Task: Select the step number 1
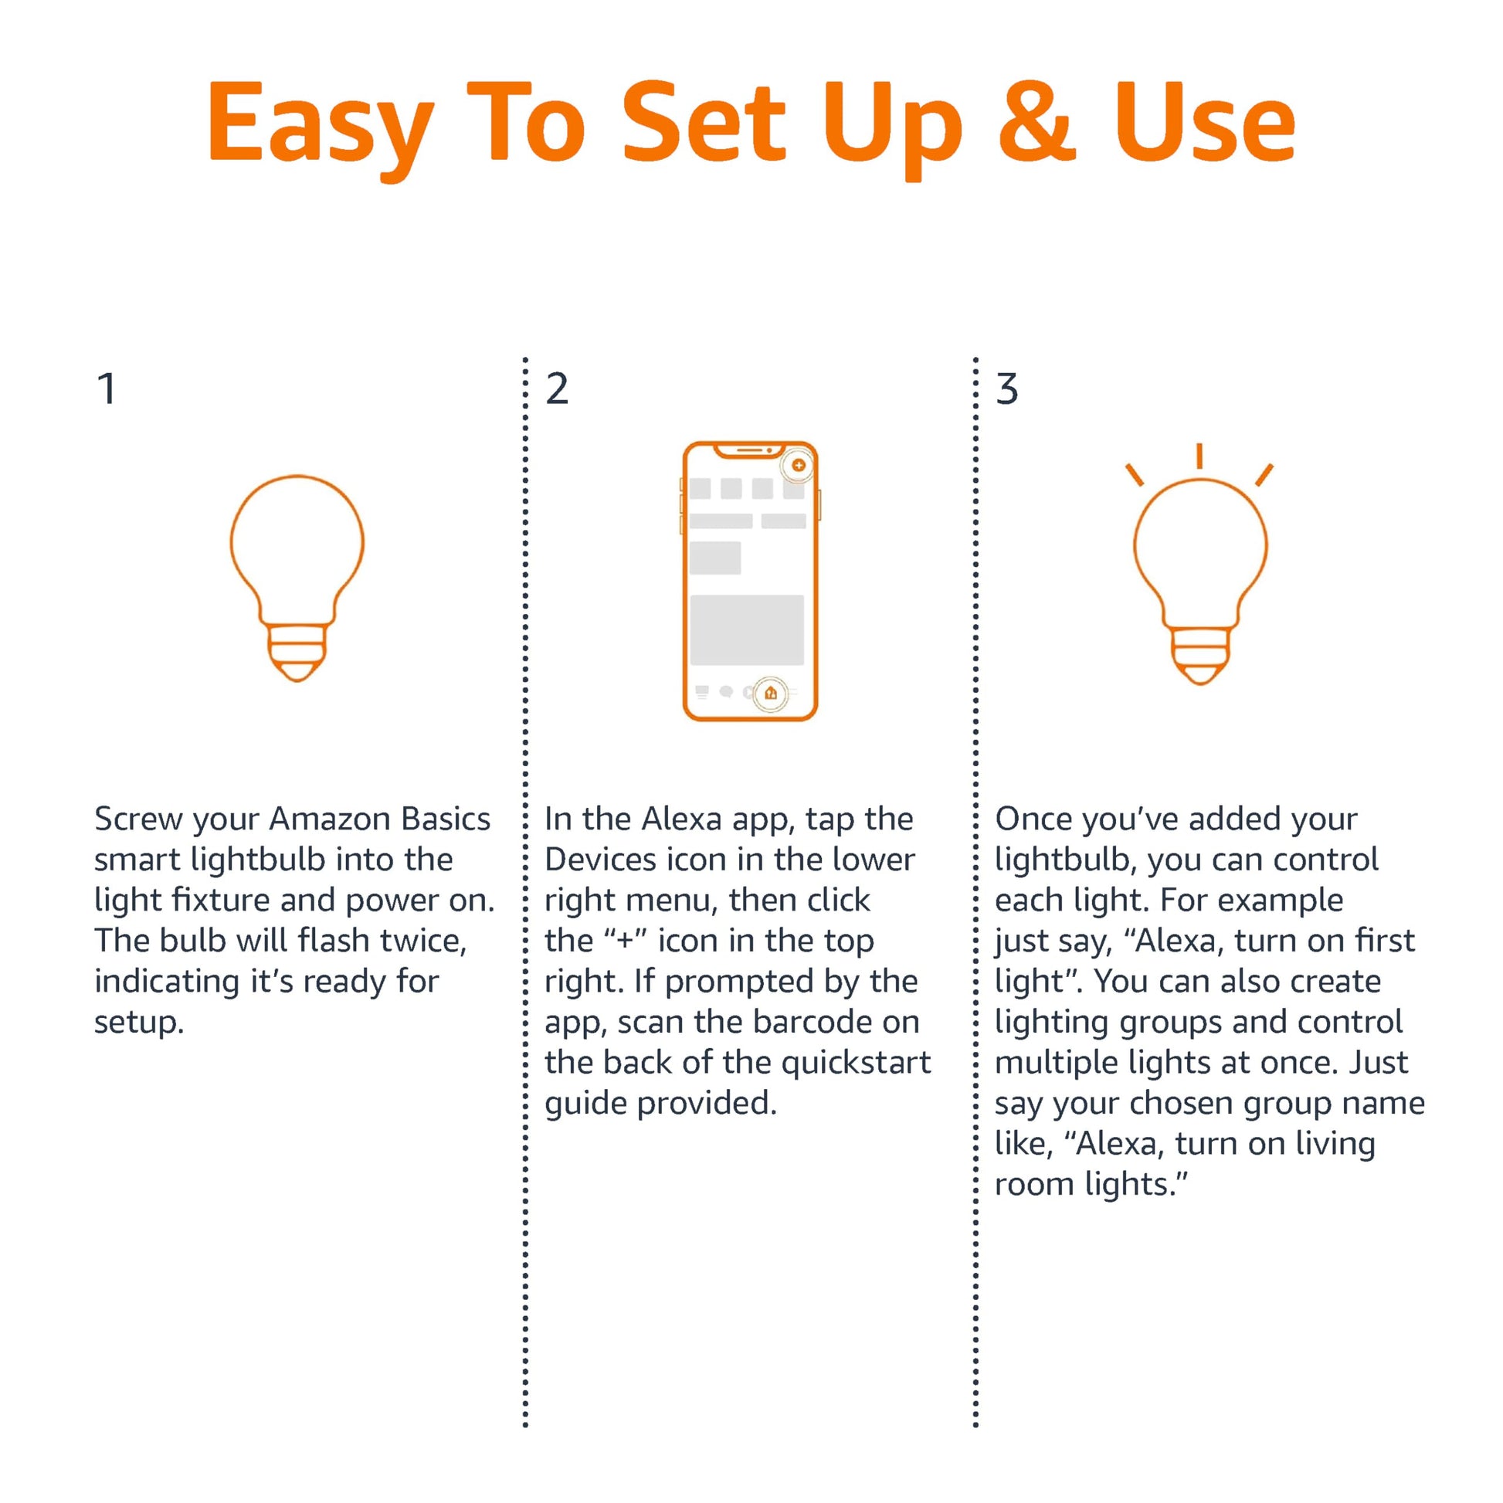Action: tap(107, 389)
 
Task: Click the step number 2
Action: tap(557, 389)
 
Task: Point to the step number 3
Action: tap(1006, 389)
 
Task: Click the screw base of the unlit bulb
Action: tap(297, 652)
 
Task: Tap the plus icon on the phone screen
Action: tap(798, 465)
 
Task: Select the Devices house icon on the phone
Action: tap(770, 692)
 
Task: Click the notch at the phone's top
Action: tap(749, 450)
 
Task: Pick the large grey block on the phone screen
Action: tap(747, 630)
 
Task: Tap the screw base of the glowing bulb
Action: tap(1200, 654)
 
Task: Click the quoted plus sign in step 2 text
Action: tap(625, 940)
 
